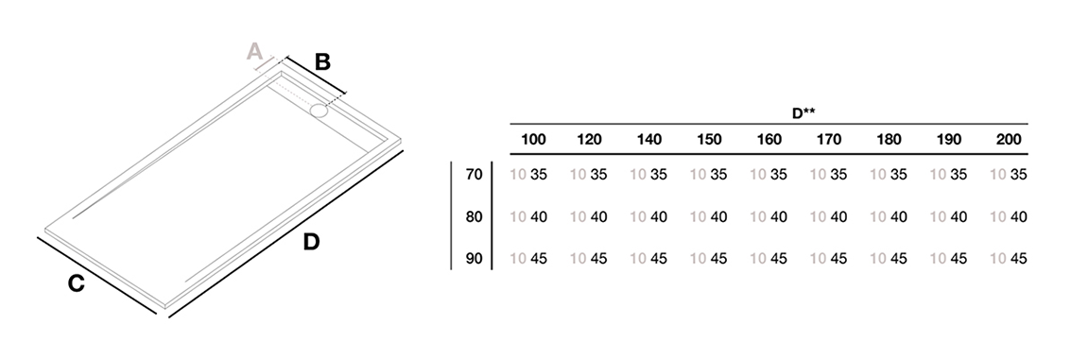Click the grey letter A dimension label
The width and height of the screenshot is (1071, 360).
pyautogui.click(x=254, y=51)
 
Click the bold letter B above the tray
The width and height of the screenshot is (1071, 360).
pyautogui.click(x=322, y=62)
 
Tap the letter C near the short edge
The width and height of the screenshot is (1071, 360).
pyautogui.click(x=76, y=283)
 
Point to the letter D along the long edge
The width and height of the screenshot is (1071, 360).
pyautogui.click(x=311, y=242)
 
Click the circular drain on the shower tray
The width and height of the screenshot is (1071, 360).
pyautogui.click(x=320, y=111)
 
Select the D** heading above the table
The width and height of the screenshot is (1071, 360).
pyautogui.click(x=803, y=113)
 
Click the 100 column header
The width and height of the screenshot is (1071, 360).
pyautogui.click(x=533, y=139)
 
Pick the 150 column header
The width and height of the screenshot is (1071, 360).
pyautogui.click(x=709, y=139)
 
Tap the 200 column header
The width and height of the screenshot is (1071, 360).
pyautogui.click(x=1009, y=139)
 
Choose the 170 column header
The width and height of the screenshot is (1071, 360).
pyautogui.click(x=829, y=139)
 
